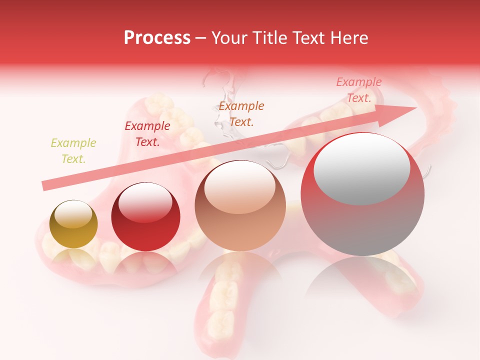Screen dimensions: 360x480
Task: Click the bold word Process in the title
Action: pyautogui.click(x=157, y=38)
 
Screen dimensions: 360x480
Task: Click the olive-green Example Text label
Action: pyautogui.click(x=73, y=151)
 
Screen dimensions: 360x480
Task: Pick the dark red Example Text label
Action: pyautogui.click(x=147, y=134)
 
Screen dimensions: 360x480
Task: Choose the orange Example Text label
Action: pyautogui.click(x=241, y=114)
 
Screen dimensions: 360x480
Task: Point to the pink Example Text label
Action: pyautogui.click(x=358, y=90)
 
